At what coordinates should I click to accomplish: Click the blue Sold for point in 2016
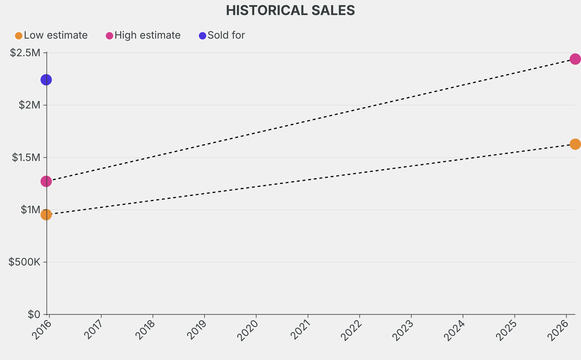[46, 79]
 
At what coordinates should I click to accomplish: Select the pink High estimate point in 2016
[46, 181]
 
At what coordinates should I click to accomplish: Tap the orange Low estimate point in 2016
[46, 214]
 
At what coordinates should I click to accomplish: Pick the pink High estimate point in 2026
[575, 59]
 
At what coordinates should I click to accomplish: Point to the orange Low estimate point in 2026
[575, 144]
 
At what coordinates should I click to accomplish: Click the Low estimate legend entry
[52, 35]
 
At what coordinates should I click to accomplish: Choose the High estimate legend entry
[143, 35]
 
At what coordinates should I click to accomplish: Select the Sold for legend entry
[222, 35]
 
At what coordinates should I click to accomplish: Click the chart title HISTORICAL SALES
[290, 10]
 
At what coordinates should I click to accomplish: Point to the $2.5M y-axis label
[26, 53]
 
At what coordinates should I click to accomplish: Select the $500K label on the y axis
[24, 262]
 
